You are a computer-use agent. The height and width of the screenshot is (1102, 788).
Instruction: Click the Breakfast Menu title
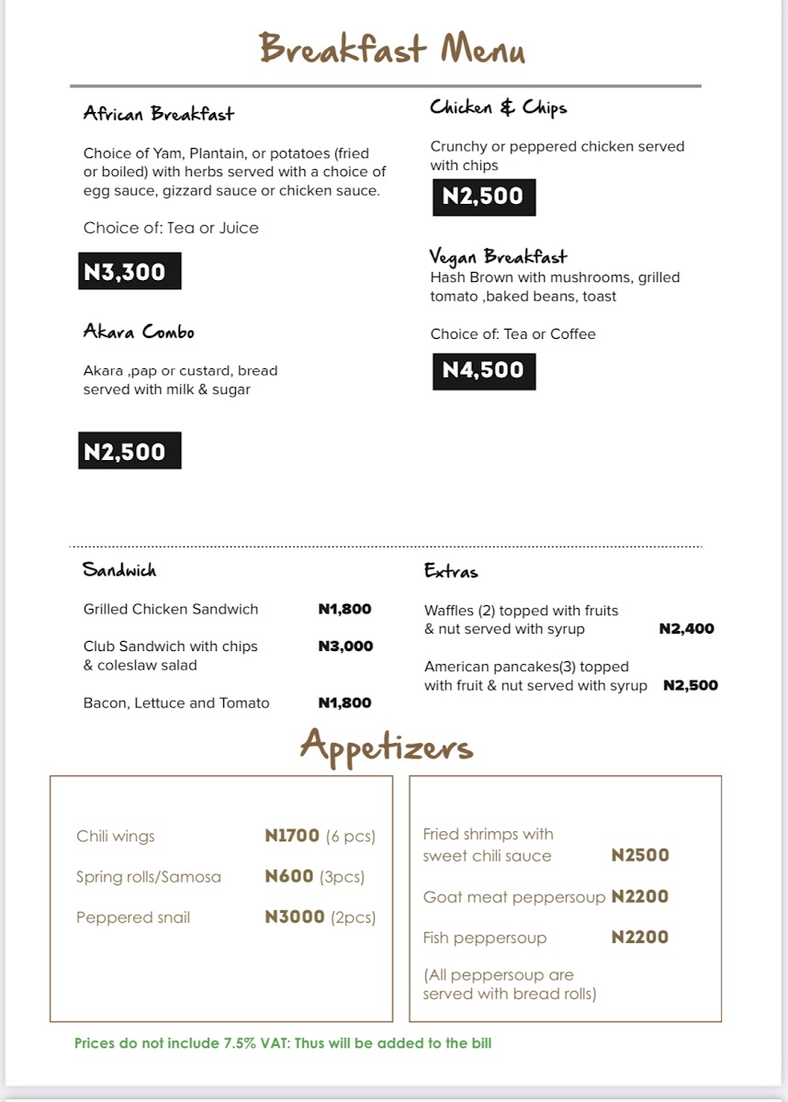(x=392, y=49)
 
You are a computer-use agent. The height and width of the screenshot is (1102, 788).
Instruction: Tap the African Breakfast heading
(x=158, y=114)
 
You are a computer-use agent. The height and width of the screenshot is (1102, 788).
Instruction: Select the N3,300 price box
(x=129, y=272)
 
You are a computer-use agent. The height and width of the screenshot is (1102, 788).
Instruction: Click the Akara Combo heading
(x=139, y=332)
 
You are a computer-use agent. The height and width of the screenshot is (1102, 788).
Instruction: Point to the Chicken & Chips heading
(x=499, y=108)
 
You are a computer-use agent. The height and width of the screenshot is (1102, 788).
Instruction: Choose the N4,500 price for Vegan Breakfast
(x=484, y=371)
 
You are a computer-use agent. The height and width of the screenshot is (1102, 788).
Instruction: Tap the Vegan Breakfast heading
(x=499, y=257)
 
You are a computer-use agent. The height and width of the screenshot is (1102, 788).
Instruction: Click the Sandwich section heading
(x=119, y=570)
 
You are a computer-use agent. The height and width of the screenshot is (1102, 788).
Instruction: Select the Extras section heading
(x=451, y=571)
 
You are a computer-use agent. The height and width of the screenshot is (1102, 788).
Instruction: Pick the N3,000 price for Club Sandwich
(x=345, y=647)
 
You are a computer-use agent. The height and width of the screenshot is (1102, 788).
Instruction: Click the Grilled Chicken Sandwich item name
(x=171, y=609)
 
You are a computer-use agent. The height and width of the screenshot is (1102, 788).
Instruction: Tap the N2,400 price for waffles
(x=686, y=629)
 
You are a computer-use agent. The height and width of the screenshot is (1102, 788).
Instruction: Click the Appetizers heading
(x=386, y=746)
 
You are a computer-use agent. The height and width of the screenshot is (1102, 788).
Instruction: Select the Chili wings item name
(x=116, y=837)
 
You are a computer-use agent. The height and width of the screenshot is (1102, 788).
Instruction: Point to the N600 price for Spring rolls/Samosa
(x=289, y=877)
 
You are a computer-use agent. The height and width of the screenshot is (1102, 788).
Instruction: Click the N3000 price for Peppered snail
(x=295, y=917)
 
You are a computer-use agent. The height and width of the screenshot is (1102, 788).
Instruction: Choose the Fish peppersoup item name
(x=485, y=938)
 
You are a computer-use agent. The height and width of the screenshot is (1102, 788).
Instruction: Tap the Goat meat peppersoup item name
(x=514, y=897)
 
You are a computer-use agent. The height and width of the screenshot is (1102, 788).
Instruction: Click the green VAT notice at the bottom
(x=283, y=1043)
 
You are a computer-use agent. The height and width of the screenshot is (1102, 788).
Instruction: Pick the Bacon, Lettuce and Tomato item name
(x=176, y=703)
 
